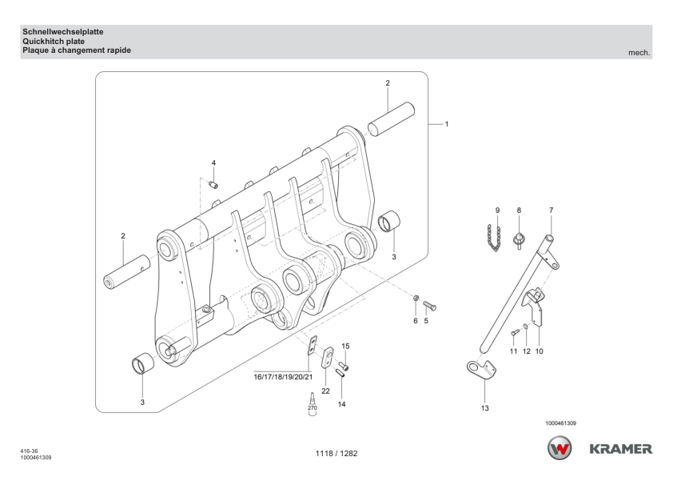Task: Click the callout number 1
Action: tap(446, 124)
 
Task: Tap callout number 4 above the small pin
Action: tap(213, 163)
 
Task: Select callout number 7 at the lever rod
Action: tap(550, 210)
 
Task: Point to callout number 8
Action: tap(518, 210)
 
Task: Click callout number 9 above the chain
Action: tap(497, 210)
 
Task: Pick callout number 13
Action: tap(485, 407)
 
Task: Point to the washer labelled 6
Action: tap(416, 300)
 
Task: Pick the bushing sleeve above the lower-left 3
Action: tap(142, 366)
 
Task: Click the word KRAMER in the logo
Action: tap(620, 448)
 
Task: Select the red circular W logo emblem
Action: tap(560, 448)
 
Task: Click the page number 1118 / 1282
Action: tap(336, 454)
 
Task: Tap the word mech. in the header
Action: tap(640, 53)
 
